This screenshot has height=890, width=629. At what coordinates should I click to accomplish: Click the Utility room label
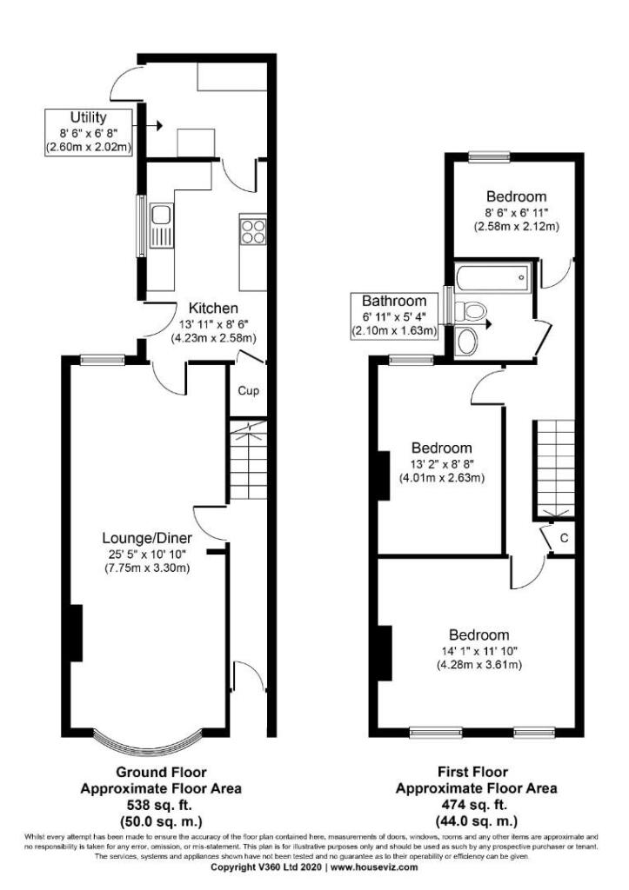[88, 116]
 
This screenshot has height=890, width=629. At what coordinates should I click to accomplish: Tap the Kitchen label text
[214, 308]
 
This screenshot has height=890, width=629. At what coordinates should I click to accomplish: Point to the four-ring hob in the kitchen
[252, 232]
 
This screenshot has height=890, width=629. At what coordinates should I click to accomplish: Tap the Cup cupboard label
[248, 390]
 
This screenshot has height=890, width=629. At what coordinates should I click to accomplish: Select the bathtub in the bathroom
[492, 278]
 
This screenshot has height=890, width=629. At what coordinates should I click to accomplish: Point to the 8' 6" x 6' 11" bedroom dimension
[515, 211]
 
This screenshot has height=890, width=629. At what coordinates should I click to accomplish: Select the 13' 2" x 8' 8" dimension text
[442, 463]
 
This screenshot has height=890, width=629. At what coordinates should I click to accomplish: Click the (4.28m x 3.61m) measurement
[485, 666]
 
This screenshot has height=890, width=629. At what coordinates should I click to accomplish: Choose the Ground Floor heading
[162, 772]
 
